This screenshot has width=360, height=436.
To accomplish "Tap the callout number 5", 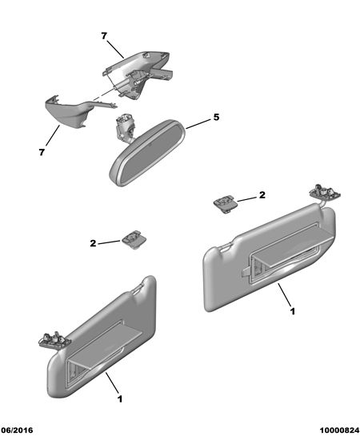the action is (x=216, y=118).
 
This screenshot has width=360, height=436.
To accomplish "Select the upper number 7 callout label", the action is (x=104, y=36).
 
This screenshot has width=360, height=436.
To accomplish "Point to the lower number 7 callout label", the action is (x=42, y=152).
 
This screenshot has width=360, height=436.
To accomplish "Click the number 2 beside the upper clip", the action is (x=262, y=195).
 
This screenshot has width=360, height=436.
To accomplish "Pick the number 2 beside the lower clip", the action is (x=93, y=243).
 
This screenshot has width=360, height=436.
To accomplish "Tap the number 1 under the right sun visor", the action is (x=293, y=311).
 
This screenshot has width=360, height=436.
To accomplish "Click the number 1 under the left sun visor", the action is (x=120, y=399).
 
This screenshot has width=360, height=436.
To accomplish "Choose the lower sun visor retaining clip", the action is (x=134, y=240).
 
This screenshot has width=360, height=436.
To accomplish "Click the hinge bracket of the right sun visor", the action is (x=325, y=193).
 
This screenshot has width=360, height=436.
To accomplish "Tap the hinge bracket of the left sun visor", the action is (x=54, y=339).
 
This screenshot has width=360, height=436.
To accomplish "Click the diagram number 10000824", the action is (x=339, y=430).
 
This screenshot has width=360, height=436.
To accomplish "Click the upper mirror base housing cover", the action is (x=138, y=74).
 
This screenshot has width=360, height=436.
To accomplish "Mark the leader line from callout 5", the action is (x=198, y=124).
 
